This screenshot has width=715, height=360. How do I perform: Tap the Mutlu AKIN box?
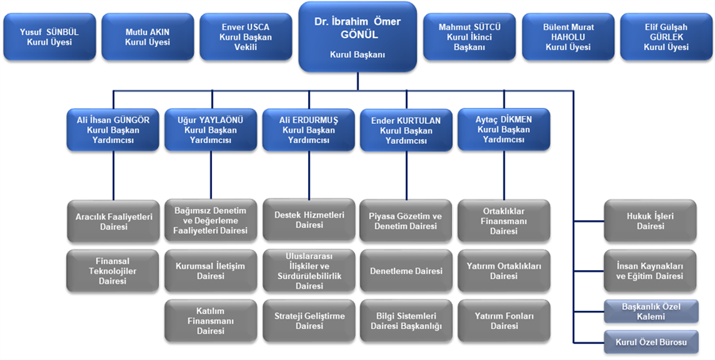point(148,37)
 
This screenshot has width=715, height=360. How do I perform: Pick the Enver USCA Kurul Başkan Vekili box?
point(246,37)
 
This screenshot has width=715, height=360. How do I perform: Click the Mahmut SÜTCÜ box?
point(469,37)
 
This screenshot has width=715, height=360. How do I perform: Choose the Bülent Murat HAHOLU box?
point(567,37)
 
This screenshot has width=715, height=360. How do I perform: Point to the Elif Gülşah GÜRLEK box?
point(666,37)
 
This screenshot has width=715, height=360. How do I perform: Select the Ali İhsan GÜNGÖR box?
point(114,130)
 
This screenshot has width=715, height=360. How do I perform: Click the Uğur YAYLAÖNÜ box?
point(211,130)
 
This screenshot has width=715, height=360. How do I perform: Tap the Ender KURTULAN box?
point(406,130)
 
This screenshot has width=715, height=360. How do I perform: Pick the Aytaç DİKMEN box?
point(504,130)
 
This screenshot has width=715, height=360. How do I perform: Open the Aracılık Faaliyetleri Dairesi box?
point(114,221)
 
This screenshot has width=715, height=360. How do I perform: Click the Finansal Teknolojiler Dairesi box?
point(114,270)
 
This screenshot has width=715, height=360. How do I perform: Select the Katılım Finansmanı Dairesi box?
point(211,320)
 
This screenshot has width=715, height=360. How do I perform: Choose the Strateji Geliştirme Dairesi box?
point(309,320)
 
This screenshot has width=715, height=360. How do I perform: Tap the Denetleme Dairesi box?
point(406,271)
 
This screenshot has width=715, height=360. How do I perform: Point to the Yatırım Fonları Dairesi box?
point(504,320)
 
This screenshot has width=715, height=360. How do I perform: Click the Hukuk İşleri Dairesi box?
point(651,221)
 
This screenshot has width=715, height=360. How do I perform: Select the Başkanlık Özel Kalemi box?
point(651,312)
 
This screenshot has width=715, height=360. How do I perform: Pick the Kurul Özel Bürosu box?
point(651,343)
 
